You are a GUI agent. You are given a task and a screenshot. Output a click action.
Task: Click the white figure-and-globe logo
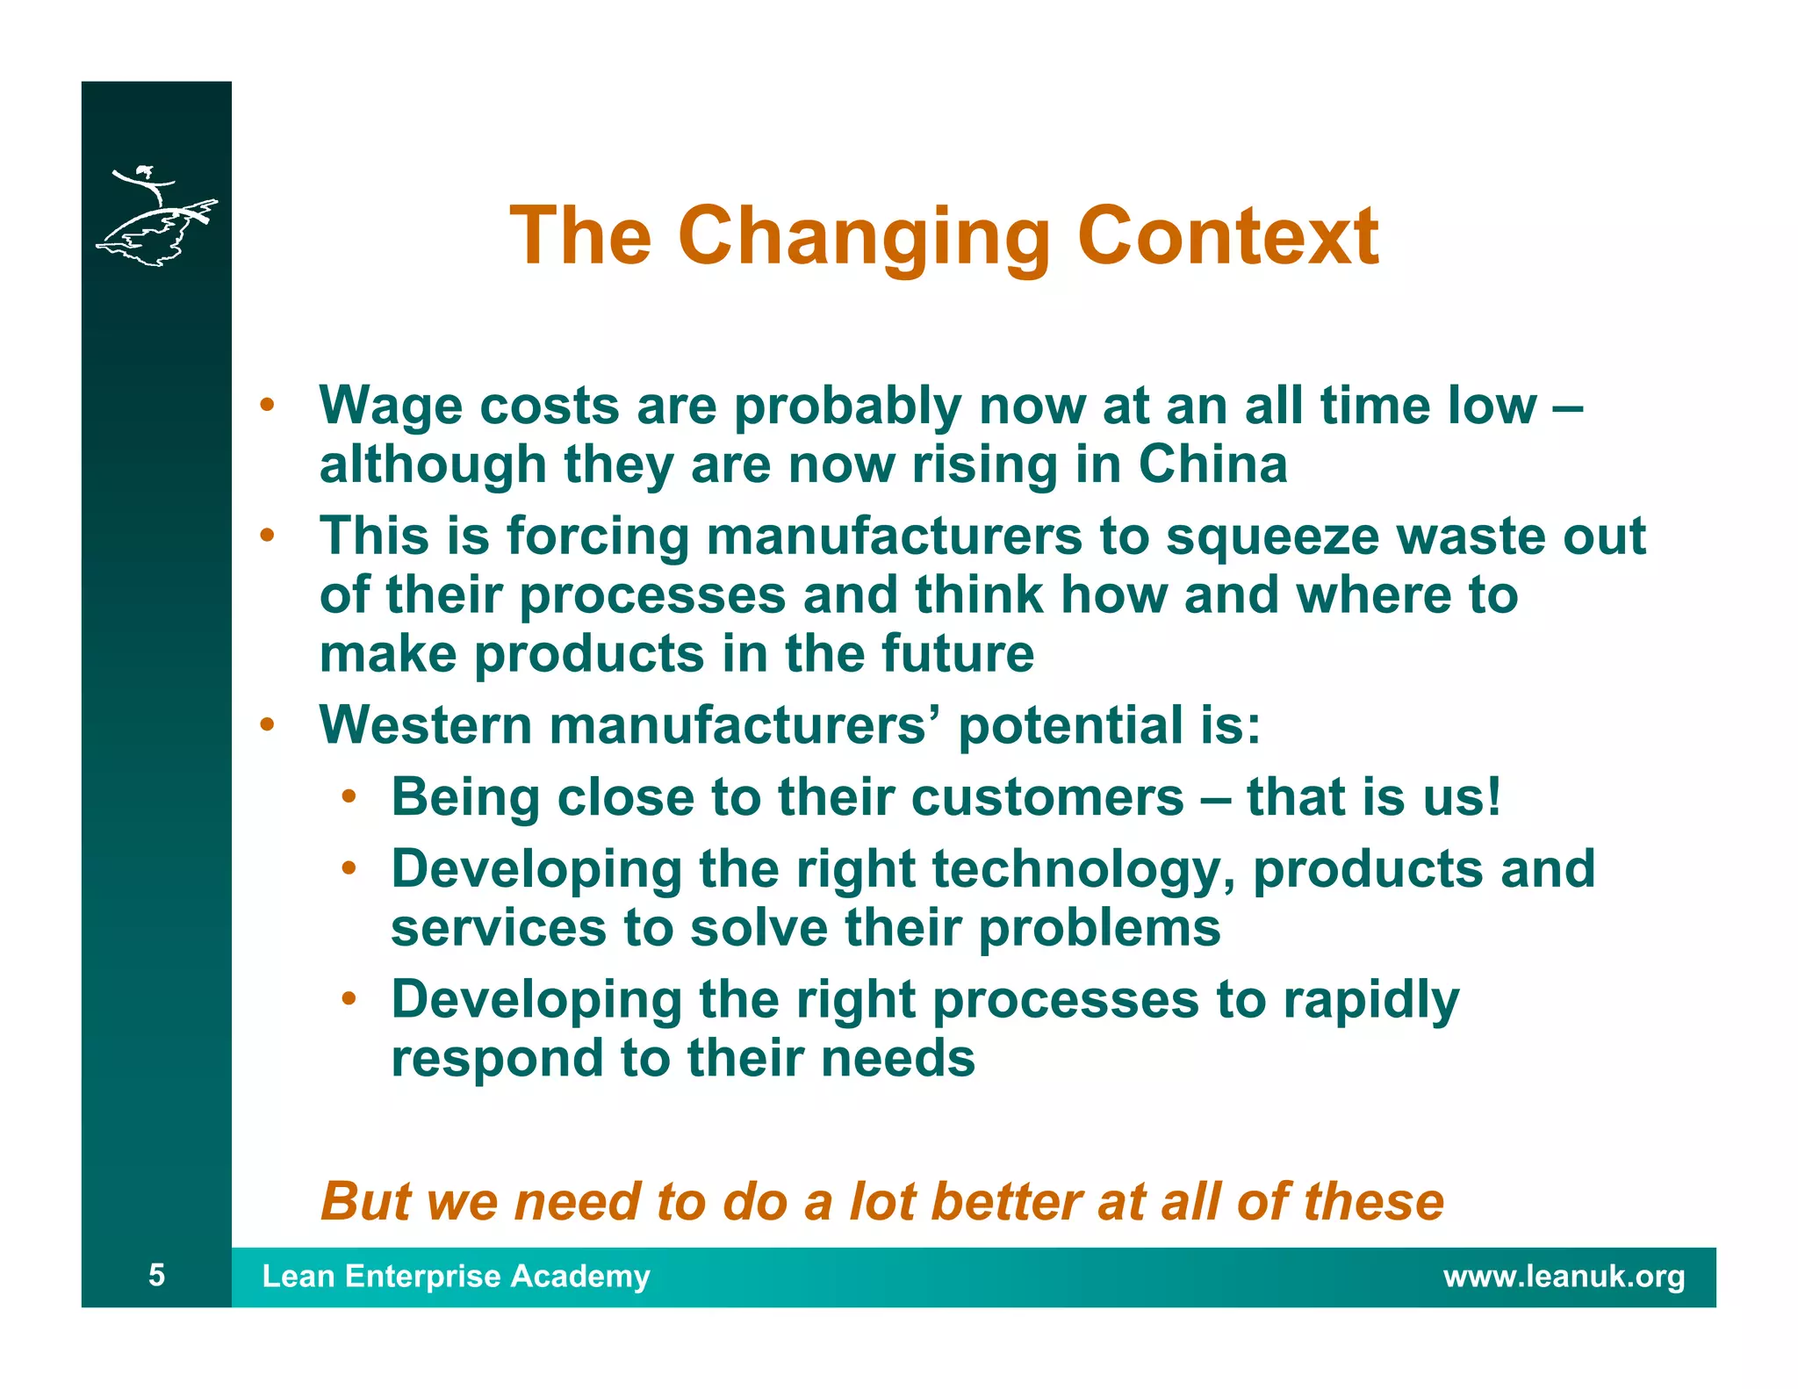click(x=156, y=216)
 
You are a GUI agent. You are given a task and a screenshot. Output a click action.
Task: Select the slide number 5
click(x=156, y=1274)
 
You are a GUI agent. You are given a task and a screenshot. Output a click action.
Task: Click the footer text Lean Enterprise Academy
click(x=456, y=1276)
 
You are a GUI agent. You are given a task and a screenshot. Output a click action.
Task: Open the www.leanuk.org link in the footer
click(x=1564, y=1276)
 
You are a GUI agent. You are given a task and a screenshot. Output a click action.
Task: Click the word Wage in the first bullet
click(x=390, y=407)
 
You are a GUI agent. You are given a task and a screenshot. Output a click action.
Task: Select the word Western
click(x=426, y=725)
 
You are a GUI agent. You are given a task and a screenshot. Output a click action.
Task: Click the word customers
click(x=1047, y=797)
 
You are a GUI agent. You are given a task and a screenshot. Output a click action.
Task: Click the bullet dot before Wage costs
click(x=267, y=407)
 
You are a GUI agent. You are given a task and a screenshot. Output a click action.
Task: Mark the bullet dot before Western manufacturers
click(x=267, y=726)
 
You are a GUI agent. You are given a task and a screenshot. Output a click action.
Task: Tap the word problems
click(x=1098, y=928)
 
